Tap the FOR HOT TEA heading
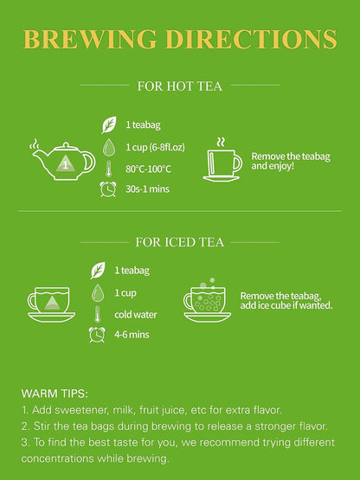(x=180, y=86)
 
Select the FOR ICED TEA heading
(x=180, y=242)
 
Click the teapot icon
(x=63, y=160)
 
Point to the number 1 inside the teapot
(x=65, y=165)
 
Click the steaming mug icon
(x=222, y=160)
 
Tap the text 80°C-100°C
(x=148, y=169)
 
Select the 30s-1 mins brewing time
(x=147, y=189)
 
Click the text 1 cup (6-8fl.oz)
(x=155, y=147)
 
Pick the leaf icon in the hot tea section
(x=109, y=125)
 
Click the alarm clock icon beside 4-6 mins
(x=97, y=335)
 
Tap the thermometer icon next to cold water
(x=98, y=314)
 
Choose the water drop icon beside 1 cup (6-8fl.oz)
(x=109, y=147)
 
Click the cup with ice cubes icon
(x=207, y=300)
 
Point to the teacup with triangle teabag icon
(x=51, y=304)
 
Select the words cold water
(x=136, y=315)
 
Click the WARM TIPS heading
(x=55, y=394)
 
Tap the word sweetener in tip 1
(x=82, y=410)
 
